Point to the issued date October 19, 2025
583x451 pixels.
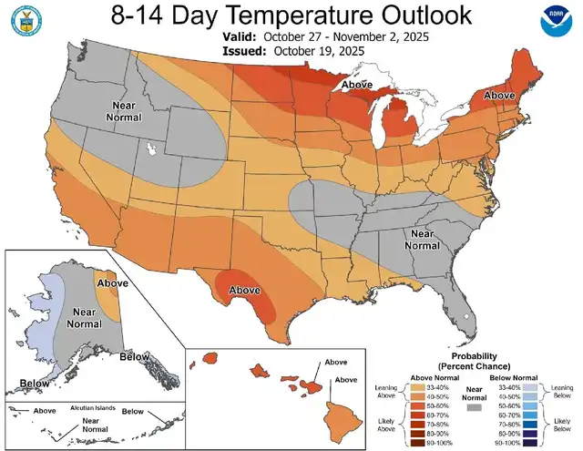(x=315, y=51)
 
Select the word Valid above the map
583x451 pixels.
(x=240, y=36)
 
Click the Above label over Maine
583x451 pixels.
(x=500, y=95)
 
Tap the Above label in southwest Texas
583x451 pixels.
(x=244, y=290)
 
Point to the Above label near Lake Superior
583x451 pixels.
(x=356, y=85)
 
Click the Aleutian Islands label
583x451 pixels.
(x=89, y=407)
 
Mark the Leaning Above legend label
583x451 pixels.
(x=386, y=392)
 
